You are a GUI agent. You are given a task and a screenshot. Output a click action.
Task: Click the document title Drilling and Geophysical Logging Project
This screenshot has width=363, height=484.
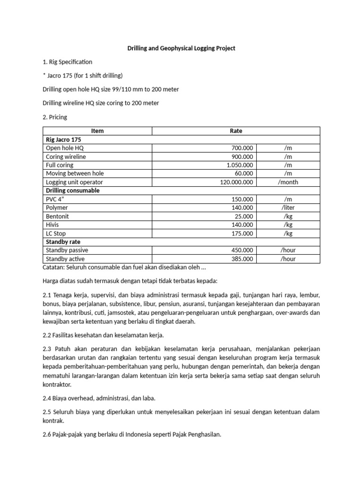point(181,48)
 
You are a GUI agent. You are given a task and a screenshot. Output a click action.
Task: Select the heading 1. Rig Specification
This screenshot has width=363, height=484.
point(68,62)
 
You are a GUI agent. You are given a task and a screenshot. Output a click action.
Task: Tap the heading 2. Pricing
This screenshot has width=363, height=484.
point(55,117)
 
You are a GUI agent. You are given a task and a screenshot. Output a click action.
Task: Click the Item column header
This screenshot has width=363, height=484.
point(97,131)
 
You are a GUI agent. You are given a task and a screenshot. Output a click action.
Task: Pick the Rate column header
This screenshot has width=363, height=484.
point(235,131)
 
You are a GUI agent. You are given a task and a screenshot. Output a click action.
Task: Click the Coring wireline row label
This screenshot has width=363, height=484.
point(66,156)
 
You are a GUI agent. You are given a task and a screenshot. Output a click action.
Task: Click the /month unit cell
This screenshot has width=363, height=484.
point(288,182)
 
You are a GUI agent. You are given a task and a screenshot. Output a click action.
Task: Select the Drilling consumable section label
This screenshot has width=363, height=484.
point(72,190)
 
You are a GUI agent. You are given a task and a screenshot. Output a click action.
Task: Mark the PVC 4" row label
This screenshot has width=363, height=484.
point(55,199)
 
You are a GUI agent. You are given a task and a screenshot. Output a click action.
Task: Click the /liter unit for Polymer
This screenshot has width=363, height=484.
point(288,207)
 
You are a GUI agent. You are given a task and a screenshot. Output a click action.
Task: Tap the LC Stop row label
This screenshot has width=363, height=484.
point(56,233)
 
